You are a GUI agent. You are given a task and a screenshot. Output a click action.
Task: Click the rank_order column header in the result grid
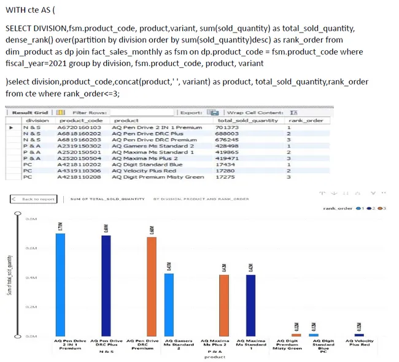pyautogui.click(x=306, y=121)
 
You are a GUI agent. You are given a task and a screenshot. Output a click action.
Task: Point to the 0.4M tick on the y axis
pyautogui.click(x=31, y=277)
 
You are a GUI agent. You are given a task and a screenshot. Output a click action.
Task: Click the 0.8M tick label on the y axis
pyautogui.click(x=31, y=218)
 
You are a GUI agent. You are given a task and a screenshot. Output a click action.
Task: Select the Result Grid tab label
pyautogui.click(x=31, y=113)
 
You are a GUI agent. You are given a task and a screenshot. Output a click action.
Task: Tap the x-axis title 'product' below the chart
pyautogui.click(x=211, y=357)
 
